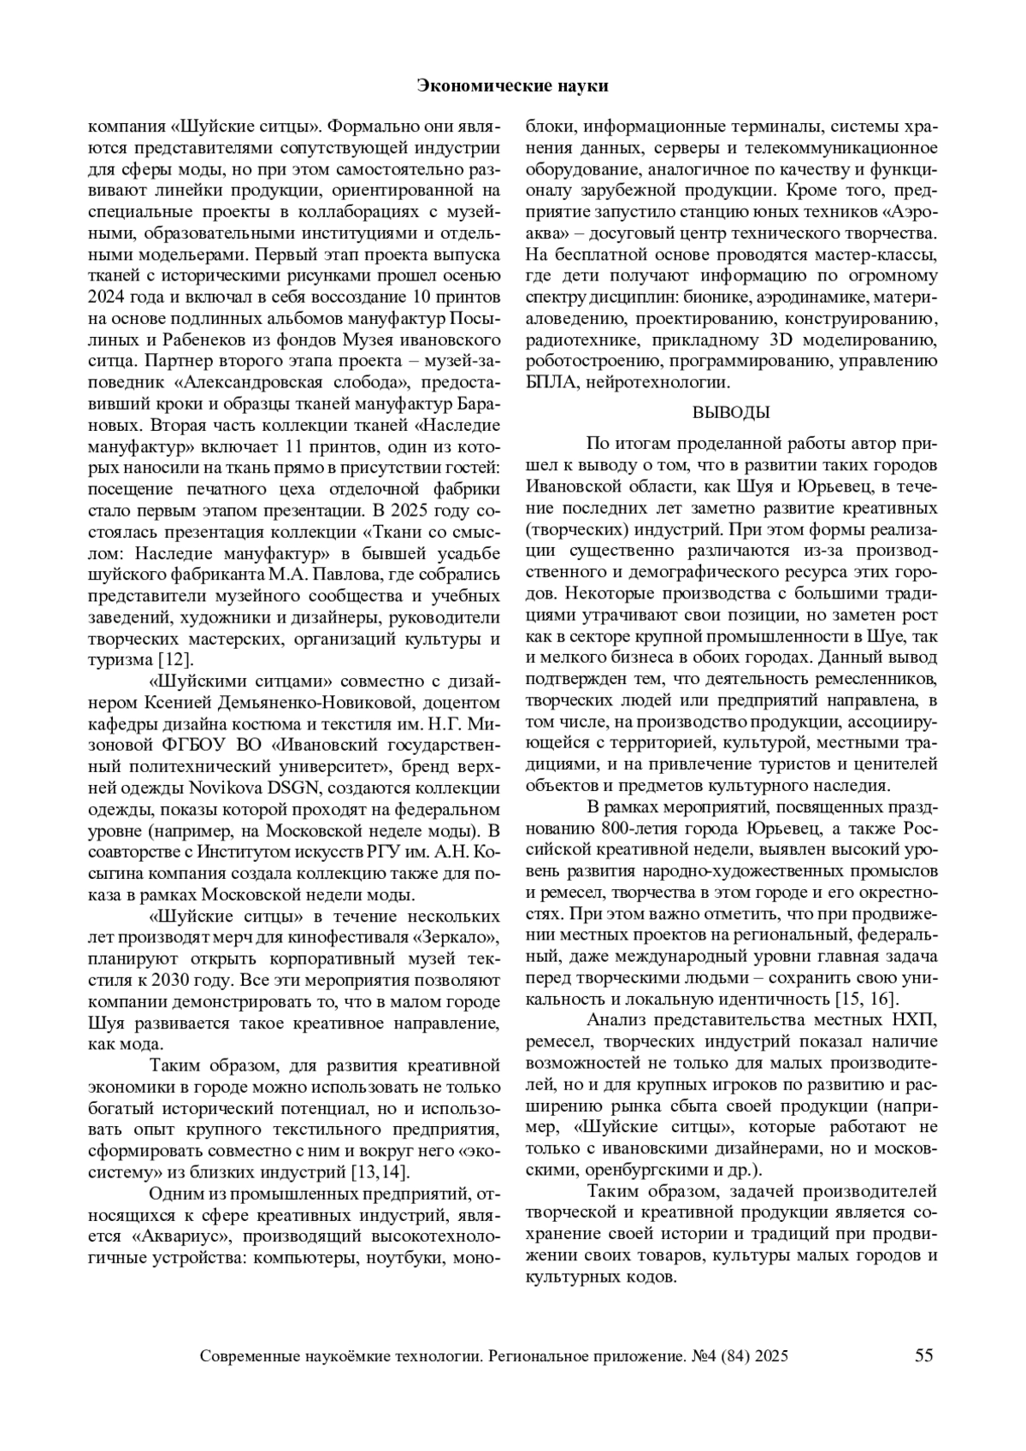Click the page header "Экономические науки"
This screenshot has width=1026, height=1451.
coord(513,86)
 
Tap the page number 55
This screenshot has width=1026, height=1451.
coord(924,1355)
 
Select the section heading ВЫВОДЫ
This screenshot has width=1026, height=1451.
coord(731,413)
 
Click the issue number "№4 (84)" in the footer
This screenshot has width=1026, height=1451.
coord(720,1356)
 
